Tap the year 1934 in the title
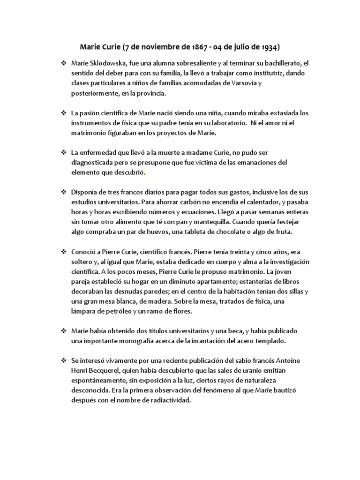tap(269, 47)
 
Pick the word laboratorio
tap(226, 123)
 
